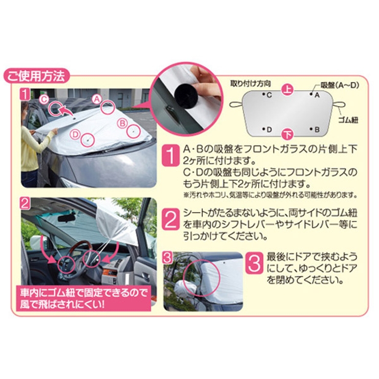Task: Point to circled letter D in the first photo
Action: (x=75, y=135)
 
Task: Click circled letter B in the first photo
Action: (x=122, y=123)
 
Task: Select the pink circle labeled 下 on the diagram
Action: (x=288, y=135)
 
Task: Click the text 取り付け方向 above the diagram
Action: (x=250, y=82)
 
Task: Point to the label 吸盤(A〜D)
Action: (x=340, y=85)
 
